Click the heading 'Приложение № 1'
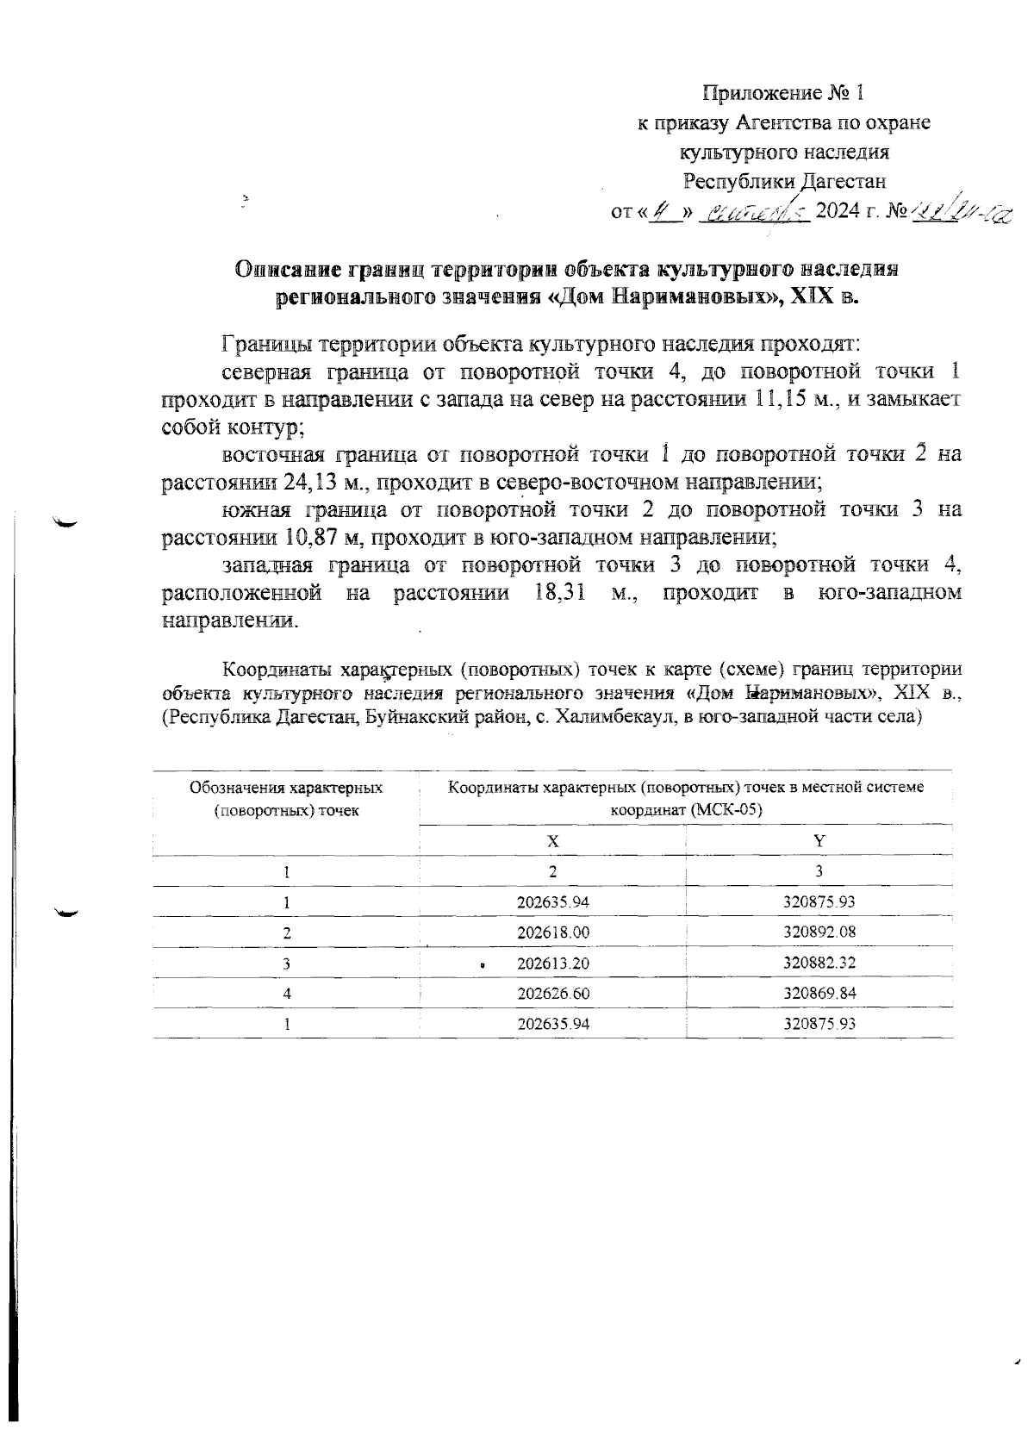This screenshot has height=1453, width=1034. click(782, 92)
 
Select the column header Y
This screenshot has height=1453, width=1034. click(819, 840)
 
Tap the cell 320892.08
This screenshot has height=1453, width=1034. click(819, 932)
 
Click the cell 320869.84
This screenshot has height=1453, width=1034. click(819, 993)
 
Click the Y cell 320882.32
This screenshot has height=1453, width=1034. click(819, 963)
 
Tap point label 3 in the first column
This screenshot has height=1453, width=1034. click(286, 963)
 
